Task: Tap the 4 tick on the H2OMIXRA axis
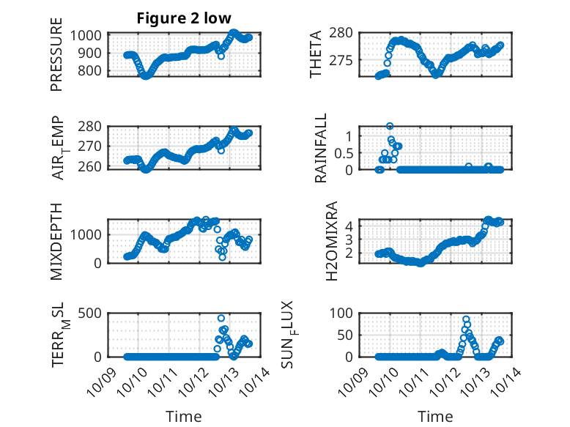coord(350,226)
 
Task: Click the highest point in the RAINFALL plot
coord(390,126)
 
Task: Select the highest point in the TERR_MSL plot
coord(221,318)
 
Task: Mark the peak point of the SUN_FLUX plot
coord(466,319)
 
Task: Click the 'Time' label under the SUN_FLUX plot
coord(435,417)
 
